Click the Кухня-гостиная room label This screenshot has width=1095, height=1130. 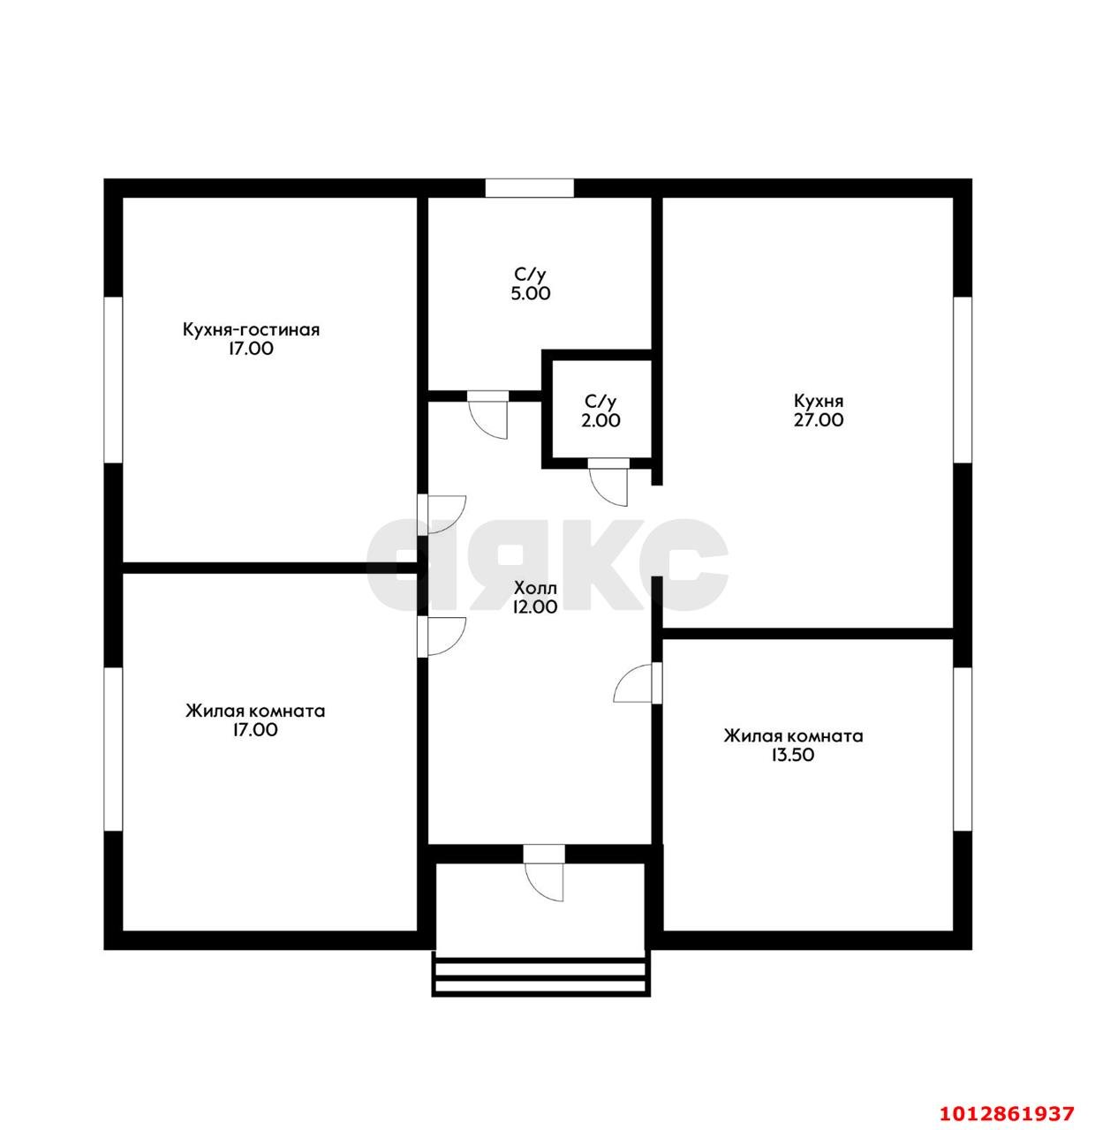[x=251, y=330]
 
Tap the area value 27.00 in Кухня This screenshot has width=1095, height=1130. [x=818, y=420]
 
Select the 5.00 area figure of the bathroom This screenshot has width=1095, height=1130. [x=530, y=294]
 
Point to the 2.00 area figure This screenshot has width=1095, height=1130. [x=600, y=420]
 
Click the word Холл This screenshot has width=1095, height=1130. [x=535, y=588]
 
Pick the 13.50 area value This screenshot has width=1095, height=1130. [x=792, y=755]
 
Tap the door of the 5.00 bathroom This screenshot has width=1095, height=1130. [x=487, y=414]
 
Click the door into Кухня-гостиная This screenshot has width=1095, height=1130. [x=442, y=515]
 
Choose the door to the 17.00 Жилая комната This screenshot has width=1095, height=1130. [x=442, y=637]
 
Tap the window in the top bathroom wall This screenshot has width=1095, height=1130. [x=529, y=187]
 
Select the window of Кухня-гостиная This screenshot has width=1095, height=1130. [x=113, y=380]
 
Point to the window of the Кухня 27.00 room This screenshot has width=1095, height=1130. [x=963, y=380]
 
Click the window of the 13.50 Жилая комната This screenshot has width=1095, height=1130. [x=963, y=749]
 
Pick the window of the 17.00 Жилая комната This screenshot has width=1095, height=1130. [x=113, y=749]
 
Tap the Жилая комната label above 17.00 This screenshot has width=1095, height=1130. [x=255, y=712]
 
